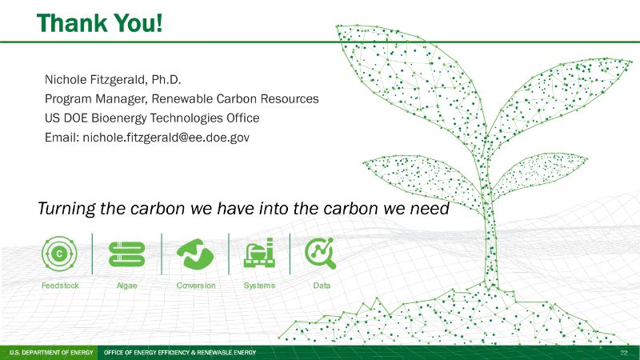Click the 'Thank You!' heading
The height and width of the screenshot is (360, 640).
pos(99,23)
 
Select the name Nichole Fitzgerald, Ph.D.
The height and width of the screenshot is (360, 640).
pos(113,79)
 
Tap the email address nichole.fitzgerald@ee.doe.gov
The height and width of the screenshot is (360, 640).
pos(166,138)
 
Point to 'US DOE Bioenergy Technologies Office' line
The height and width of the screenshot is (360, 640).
pos(152,118)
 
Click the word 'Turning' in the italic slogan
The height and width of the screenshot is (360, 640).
pos(66,209)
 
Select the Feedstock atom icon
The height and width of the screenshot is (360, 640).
pos(59,254)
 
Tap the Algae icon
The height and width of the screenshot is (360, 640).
pos(127,254)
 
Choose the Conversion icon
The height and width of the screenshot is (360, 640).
pos(195,254)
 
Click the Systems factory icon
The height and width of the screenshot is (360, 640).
pos(259,253)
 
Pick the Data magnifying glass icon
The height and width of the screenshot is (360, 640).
pos(321,253)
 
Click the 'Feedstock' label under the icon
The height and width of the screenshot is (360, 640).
pos(60,286)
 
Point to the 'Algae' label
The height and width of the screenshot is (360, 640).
pos(127,286)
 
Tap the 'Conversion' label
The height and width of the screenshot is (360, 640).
pos(196,286)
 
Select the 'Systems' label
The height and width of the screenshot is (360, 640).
pos(259,286)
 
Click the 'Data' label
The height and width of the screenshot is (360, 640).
pos(322,286)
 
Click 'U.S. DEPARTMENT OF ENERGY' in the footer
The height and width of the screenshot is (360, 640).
pos(51,352)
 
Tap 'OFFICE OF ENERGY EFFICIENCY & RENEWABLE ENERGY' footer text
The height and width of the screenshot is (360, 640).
pos(180,352)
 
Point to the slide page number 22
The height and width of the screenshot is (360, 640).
pos(624,353)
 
